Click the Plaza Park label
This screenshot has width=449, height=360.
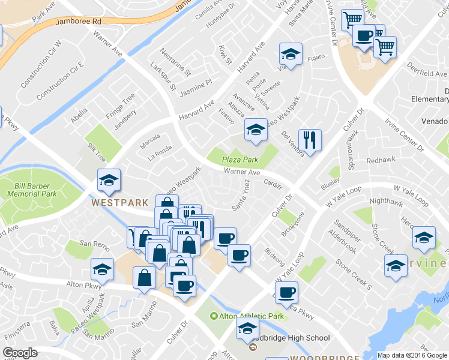[x=240, y=160]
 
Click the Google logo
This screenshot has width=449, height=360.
[x=20, y=353]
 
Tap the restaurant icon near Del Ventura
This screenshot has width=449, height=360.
[x=310, y=140]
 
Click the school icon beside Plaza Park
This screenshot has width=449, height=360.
[x=256, y=130]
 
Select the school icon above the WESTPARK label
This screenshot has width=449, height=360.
[x=109, y=180]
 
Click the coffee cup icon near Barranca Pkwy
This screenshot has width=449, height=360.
[x=287, y=292]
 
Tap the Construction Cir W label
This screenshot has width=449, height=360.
[x=41, y=63]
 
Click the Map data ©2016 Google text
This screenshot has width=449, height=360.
[x=412, y=355]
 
